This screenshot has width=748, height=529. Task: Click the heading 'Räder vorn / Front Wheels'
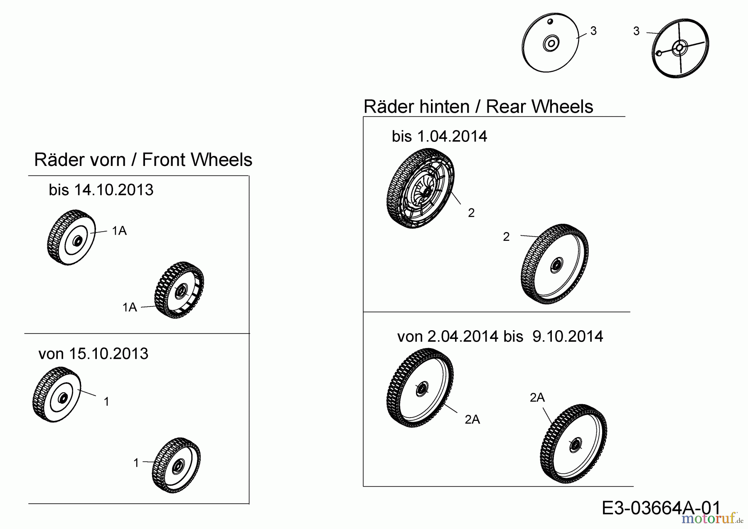pyautogui.click(x=143, y=160)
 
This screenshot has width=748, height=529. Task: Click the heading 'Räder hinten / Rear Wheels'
pyautogui.click(x=478, y=107)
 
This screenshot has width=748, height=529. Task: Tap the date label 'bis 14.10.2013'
pyautogui.click(x=101, y=190)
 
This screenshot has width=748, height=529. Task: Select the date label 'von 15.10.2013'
pyautogui.click(x=93, y=354)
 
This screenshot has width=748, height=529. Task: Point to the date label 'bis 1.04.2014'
pyautogui.click(x=439, y=136)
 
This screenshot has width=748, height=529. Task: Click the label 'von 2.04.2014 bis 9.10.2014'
pyautogui.click(x=500, y=336)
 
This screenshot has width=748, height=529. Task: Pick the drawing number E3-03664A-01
pyautogui.click(x=661, y=508)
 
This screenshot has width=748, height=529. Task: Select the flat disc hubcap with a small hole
pyautogui.click(x=549, y=44)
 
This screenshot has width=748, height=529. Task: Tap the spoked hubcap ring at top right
pyautogui.click(x=679, y=48)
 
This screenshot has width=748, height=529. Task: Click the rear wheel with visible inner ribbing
pyautogui.click(x=420, y=188)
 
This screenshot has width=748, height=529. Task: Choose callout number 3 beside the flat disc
pyautogui.click(x=593, y=31)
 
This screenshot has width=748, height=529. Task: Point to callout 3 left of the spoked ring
pyautogui.click(x=636, y=31)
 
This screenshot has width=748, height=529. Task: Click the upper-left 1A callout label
pyautogui.click(x=119, y=231)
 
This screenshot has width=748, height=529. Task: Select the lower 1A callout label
pyautogui.click(x=130, y=307)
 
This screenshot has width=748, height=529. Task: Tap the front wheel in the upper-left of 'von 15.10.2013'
pyautogui.click(x=57, y=395)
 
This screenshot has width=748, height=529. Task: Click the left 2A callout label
pyautogui.click(x=472, y=420)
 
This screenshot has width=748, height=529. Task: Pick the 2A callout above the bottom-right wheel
pyautogui.click(x=537, y=398)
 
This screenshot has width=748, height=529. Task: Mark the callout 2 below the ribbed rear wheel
pyautogui.click(x=471, y=213)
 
